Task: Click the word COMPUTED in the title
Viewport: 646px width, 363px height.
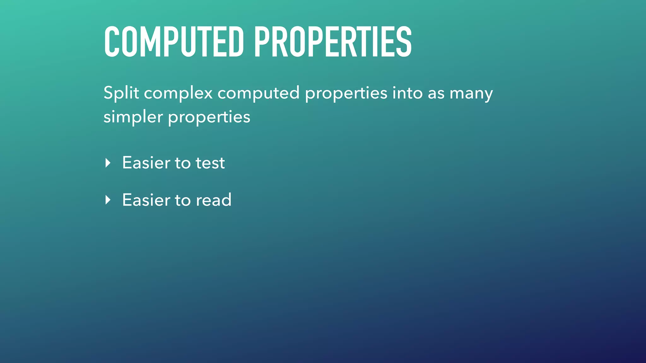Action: (x=174, y=42)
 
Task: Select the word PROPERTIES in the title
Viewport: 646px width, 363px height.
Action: (x=333, y=42)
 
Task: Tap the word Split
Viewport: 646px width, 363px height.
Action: (x=121, y=93)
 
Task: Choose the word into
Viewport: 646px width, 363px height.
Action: (x=407, y=93)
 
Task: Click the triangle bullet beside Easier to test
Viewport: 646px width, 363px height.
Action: (x=108, y=163)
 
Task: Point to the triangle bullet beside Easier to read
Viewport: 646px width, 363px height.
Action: (x=108, y=200)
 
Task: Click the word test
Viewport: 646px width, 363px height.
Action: (x=210, y=163)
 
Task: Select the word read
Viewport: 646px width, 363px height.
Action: (x=214, y=200)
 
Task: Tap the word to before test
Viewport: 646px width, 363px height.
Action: (x=183, y=163)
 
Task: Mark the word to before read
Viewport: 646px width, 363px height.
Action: (x=183, y=200)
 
